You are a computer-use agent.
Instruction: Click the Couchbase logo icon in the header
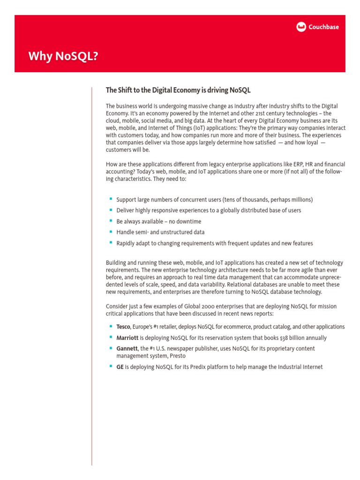click(x=301, y=27)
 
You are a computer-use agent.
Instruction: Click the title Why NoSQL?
click(x=64, y=56)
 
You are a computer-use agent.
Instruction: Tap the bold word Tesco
click(x=123, y=327)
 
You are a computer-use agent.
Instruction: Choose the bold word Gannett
click(x=127, y=348)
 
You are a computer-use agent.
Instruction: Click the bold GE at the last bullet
click(x=120, y=367)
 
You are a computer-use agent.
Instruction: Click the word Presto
click(x=177, y=356)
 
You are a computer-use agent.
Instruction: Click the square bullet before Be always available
click(x=111, y=221)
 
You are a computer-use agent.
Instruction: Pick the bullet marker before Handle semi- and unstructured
click(x=111, y=232)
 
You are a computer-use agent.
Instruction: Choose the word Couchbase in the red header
click(x=323, y=27)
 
